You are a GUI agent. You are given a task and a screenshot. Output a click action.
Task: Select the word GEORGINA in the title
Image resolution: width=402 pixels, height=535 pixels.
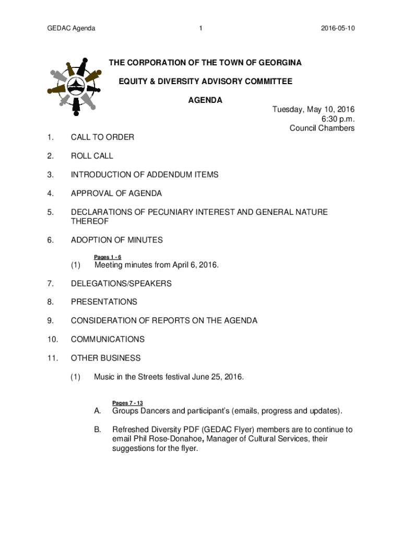point(277,63)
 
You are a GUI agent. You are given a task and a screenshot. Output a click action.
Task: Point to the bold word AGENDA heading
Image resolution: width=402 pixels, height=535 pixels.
point(205,100)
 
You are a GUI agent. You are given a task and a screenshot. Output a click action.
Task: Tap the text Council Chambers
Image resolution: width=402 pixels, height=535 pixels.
point(322,128)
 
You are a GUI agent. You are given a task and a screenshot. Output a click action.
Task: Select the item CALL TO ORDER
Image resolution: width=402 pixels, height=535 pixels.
point(102,137)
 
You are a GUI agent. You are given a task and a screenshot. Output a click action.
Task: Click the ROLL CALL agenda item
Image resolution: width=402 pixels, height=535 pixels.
point(92,156)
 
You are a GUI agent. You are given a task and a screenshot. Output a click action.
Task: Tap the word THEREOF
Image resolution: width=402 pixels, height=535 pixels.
point(89,222)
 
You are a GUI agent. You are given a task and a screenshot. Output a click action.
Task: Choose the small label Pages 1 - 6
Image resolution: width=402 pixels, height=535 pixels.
point(108,257)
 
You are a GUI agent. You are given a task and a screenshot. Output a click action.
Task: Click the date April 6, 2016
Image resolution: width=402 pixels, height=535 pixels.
point(193,265)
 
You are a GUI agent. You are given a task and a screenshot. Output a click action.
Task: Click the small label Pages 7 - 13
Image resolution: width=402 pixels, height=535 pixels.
point(127,403)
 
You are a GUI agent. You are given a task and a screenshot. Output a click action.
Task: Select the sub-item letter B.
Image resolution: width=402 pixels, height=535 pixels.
point(97,429)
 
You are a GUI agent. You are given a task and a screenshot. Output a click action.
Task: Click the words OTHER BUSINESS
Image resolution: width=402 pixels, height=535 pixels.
point(105,358)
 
